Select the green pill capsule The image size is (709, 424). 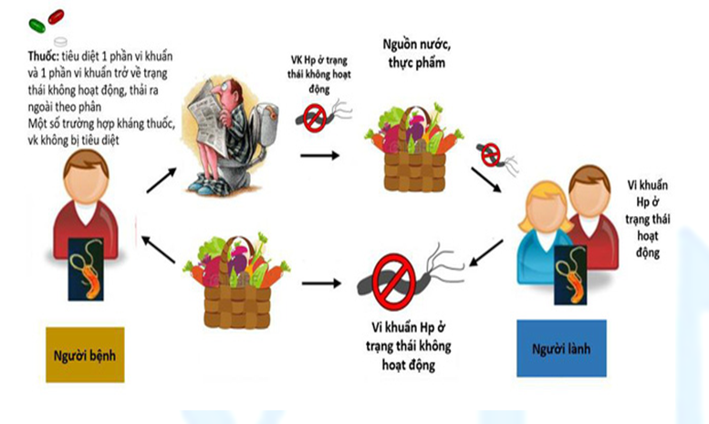(x=37, y=23)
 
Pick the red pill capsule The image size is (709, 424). (x=56, y=16)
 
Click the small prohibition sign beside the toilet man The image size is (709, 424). (x=316, y=117)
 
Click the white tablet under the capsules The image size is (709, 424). (x=61, y=42)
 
